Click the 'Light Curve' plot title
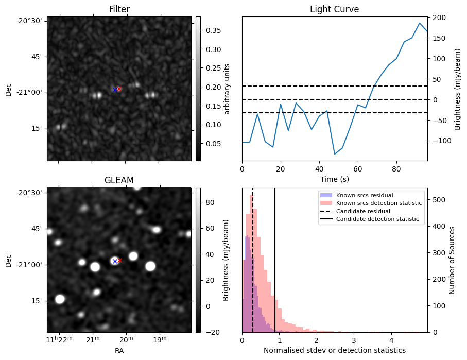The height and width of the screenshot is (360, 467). click(x=334, y=9)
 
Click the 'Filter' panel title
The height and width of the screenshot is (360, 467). click(x=119, y=9)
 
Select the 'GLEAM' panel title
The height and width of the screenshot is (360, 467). click(x=119, y=180)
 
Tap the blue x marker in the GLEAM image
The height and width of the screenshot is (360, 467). click(x=115, y=261)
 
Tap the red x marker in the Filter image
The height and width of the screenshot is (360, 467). click(x=119, y=89)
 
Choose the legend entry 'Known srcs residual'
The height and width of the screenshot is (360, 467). click(x=364, y=195)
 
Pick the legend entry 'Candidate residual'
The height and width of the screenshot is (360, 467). click(x=363, y=212)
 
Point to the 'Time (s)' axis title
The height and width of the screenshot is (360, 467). click(x=334, y=178)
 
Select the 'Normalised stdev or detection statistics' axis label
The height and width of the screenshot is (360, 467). click(x=334, y=350)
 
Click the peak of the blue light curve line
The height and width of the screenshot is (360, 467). click(x=420, y=23)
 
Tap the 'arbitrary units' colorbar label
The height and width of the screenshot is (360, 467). click(x=227, y=89)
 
